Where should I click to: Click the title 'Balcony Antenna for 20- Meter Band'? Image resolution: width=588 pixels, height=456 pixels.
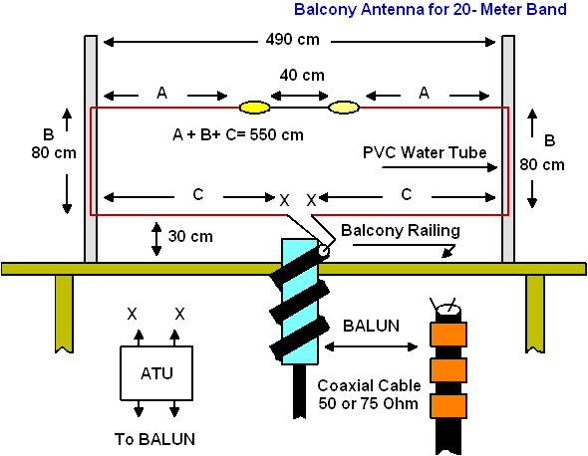tap(431, 9)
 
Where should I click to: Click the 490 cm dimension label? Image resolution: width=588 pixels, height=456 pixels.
tap(292, 40)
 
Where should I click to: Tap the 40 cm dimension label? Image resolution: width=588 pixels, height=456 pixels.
tap(302, 76)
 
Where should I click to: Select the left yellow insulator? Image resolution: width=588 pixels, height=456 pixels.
tap(254, 108)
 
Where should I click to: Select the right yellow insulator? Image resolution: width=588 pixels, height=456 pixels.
tap(344, 108)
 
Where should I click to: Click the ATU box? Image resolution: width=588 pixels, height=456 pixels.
tap(156, 373)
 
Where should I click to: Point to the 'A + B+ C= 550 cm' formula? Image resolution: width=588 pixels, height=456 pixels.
tap(238, 134)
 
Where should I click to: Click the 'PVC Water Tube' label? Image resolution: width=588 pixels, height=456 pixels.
tap(425, 153)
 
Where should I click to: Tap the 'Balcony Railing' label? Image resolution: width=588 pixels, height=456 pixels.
tap(401, 230)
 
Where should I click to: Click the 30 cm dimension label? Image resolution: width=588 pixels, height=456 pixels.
tap(190, 236)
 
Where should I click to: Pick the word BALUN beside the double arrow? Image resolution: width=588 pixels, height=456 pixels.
tap(372, 326)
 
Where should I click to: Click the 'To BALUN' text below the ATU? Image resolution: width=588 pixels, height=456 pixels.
tap(154, 439)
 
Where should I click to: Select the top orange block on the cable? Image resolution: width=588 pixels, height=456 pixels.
tap(448, 335)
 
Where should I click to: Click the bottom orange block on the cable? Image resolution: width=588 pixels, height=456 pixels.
tap(448, 406)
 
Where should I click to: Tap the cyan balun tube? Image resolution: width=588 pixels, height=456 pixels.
tap(300, 302)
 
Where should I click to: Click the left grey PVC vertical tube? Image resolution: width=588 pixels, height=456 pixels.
tap(91, 148)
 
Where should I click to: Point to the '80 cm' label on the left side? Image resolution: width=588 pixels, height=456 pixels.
tap(54, 153)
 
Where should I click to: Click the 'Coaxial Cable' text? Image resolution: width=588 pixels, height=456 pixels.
tap(369, 385)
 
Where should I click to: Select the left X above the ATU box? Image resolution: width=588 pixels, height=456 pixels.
tap(132, 314)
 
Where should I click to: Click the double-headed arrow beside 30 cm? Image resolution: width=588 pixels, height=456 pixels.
tap(156, 239)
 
